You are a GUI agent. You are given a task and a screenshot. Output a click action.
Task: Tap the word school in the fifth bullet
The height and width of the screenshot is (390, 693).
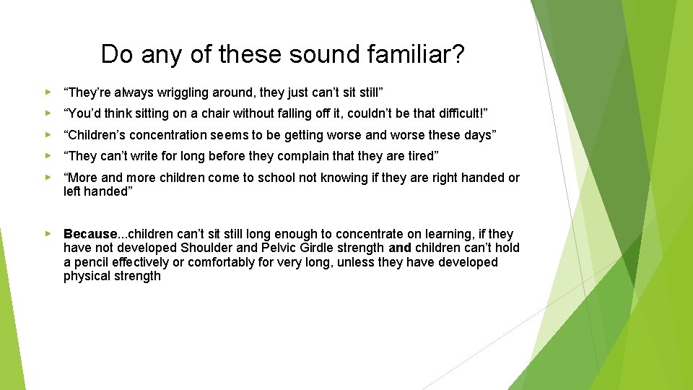point(266,178)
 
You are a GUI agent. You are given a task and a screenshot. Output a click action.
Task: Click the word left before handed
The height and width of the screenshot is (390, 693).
point(72,191)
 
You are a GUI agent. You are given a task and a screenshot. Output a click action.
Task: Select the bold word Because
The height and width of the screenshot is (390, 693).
point(90,234)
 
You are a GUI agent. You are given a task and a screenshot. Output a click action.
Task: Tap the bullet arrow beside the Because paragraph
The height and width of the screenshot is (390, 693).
point(48,234)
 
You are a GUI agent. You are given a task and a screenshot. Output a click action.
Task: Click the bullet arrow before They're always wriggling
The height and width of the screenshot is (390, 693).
point(48,92)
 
